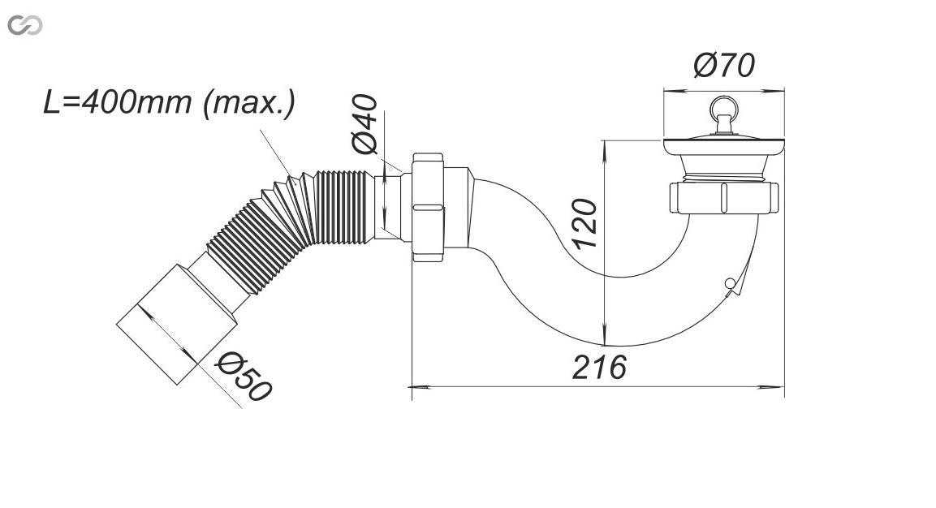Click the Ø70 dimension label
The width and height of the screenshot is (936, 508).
click(724, 65)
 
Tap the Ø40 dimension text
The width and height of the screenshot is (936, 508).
click(364, 124)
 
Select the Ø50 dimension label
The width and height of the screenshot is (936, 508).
click(244, 377)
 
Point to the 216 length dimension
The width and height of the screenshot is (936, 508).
click(599, 367)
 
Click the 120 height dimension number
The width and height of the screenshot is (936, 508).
click(584, 223)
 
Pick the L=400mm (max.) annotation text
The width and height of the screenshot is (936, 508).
click(170, 103)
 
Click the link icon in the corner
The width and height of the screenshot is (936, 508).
click(24, 26)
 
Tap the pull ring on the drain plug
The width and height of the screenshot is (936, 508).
click(723, 110)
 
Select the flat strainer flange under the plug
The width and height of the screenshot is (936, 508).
click(723, 146)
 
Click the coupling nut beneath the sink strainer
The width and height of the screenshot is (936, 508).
click(723, 197)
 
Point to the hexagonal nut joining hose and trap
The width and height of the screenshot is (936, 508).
click(427, 207)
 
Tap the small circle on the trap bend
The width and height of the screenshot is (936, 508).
click(729, 283)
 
